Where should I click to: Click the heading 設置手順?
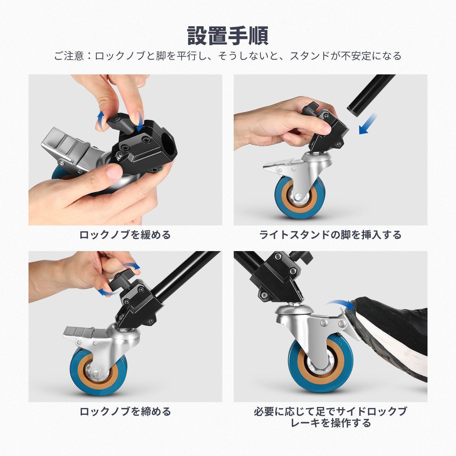click(x=228, y=36)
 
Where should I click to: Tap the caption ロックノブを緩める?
click(x=125, y=235)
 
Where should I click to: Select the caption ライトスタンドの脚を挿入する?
click(x=330, y=235)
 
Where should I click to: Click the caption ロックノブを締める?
click(x=125, y=412)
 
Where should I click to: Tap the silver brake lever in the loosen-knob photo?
click(x=68, y=148)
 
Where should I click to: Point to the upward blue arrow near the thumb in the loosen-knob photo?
click(x=101, y=120)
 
